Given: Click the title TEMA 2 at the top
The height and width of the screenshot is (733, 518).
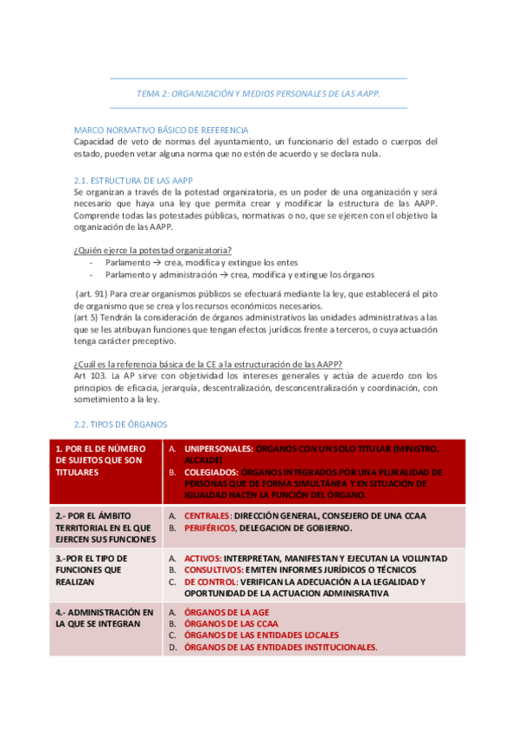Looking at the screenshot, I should click(259, 92).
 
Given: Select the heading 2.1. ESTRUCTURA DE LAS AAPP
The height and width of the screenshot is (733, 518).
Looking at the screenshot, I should click(132, 179).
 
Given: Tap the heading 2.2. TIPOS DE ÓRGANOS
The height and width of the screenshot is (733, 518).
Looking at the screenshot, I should click(121, 424).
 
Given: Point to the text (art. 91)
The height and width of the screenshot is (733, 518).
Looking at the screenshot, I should click(91, 293).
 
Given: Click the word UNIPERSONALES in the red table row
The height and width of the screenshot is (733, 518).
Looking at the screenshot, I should click(219, 449).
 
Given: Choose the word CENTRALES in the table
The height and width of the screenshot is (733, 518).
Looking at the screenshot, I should click(208, 515).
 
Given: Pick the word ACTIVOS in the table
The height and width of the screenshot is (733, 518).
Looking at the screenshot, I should click(203, 558).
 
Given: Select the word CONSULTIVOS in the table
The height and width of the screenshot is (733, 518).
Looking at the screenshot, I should click(214, 570).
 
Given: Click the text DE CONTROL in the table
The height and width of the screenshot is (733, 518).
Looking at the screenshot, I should click(211, 583).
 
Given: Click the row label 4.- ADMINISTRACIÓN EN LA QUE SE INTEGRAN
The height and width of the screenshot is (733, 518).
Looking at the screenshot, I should click(105, 618).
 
